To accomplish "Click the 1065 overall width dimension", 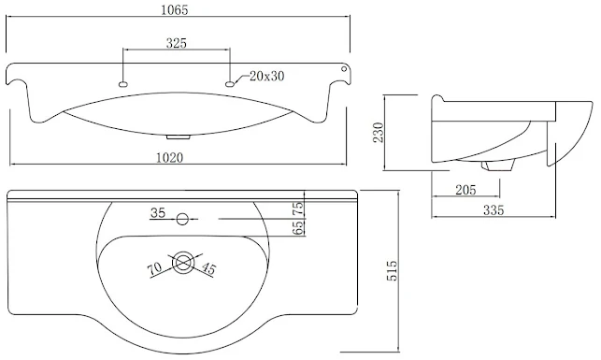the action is click(175, 10).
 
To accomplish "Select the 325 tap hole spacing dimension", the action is click(177, 43).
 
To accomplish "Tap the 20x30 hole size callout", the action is click(266, 76).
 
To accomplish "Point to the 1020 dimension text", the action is click(169, 157).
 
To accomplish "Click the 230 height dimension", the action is click(379, 132).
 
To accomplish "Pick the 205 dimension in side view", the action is click(465, 190).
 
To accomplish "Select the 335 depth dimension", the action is click(494, 210).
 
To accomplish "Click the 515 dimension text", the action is click(392, 270).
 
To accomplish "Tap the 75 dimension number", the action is click(298, 208).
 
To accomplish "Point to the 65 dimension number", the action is click(298, 227).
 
